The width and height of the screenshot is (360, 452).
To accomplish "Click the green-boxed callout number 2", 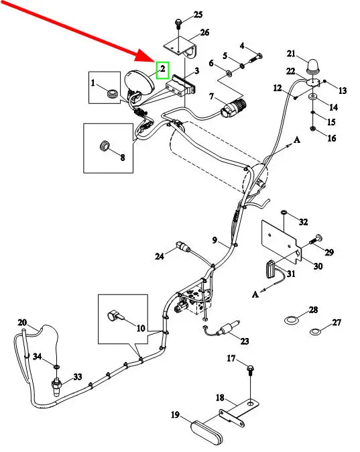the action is (x=163, y=69).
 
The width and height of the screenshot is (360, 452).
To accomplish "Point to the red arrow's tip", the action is (x=156, y=61).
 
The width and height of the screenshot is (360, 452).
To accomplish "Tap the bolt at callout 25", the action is (x=178, y=24).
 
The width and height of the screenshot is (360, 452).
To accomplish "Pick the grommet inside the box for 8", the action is (x=104, y=146).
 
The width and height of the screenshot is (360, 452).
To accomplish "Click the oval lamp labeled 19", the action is (x=206, y=431).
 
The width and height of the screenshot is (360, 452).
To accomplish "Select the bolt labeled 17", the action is (x=250, y=370).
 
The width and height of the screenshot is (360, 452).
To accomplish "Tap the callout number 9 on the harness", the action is (x=215, y=240).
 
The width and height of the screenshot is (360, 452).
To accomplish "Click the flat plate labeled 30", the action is (x=281, y=240).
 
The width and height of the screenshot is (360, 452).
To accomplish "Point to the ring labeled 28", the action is (x=290, y=320).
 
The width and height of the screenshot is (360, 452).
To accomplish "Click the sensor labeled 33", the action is (x=56, y=386).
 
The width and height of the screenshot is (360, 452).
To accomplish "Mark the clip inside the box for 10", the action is (x=115, y=316).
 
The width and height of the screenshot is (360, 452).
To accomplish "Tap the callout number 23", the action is (x=245, y=341).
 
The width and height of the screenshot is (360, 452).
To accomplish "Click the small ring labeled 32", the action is (x=284, y=213).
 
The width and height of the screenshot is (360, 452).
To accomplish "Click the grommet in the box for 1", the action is (x=111, y=93).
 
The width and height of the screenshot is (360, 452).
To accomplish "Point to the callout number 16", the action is (x=332, y=138).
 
